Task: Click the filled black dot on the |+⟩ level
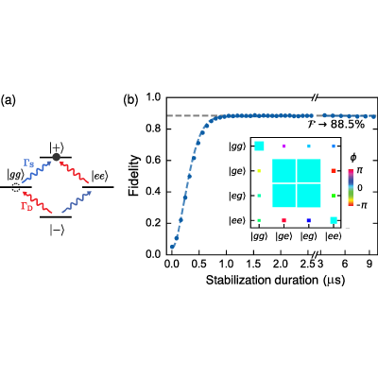pos(57,157)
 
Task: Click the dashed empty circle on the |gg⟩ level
pos(15,188)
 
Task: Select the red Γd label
pos(26,207)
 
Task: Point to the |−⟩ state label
pos(57,231)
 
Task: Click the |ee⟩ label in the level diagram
pos(100,177)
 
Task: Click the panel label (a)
pos(8,101)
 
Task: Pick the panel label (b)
pos(130,100)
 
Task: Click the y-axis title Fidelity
pos(134,176)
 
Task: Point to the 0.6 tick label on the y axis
pos(154,161)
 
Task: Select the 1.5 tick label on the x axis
pos(253,264)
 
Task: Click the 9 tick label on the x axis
pos(369,264)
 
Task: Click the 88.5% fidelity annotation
pos(348,125)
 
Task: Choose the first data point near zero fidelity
pos(172,247)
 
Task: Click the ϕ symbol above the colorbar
pos(353,158)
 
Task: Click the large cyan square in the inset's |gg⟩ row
pos(259,146)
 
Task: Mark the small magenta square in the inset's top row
pos(283,146)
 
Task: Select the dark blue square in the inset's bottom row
pos(309,220)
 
